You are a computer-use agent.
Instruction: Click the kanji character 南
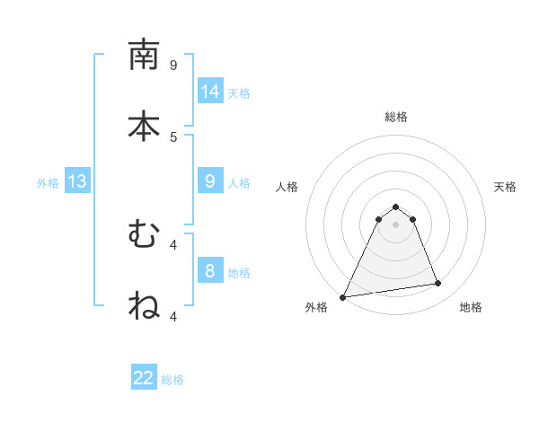pos(144,55)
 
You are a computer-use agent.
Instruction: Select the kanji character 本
pos(144,127)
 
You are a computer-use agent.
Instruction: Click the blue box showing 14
pos(210,92)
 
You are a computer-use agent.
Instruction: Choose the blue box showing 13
pos(77,181)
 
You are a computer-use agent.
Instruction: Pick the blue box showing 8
pos(210,271)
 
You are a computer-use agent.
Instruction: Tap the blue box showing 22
pos(144,378)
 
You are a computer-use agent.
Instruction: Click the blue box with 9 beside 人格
pos(210,181)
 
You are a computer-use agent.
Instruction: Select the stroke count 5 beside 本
pos(173,136)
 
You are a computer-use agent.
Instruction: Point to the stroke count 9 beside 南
pos(173,65)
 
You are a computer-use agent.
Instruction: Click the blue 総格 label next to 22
pos(172,380)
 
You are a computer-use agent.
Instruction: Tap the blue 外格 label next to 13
pos(48,183)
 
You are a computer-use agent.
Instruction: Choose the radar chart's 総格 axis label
pos(396,117)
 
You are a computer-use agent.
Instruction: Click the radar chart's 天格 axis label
pos(506,187)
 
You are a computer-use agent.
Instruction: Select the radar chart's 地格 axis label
pos(471,307)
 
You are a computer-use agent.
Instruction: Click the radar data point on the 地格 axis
pos(438,284)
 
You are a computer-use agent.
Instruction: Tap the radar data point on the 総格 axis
pos(396,207)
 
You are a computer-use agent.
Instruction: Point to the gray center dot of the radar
pos(396,224)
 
